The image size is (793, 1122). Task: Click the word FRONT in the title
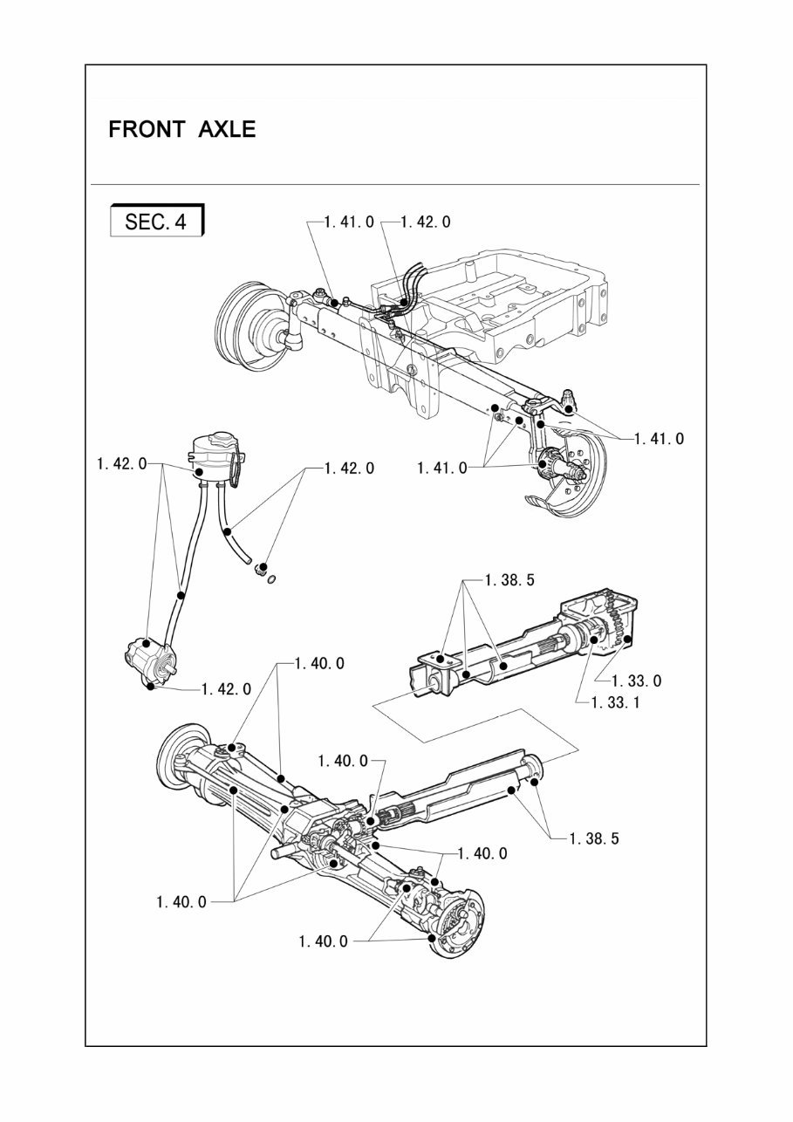[x=146, y=130]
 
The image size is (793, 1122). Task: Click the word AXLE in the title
[x=225, y=130]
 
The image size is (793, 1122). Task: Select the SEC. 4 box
[x=156, y=222]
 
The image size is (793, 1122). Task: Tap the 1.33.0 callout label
[x=637, y=681]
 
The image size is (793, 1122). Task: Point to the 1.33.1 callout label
[x=615, y=701]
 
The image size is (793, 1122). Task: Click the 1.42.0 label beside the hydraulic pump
[x=226, y=689]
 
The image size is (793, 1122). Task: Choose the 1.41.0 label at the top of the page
[x=349, y=222]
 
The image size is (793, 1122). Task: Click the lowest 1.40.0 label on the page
[x=323, y=941]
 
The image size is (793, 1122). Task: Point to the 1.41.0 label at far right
[x=659, y=439]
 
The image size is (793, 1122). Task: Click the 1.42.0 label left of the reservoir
[x=121, y=464]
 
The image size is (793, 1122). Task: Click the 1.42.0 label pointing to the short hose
[x=349, y=469]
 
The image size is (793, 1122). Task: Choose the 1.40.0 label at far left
[x=181, y=902]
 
